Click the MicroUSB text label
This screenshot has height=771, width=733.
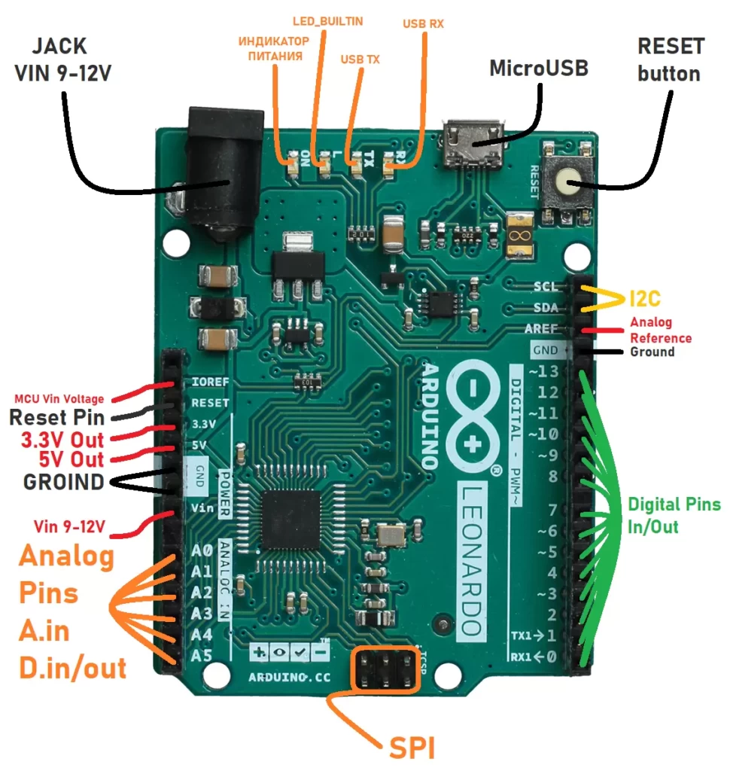538,68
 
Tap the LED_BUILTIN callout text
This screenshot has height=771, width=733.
327,21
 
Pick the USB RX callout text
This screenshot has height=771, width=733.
423,24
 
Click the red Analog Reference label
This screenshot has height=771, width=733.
661,331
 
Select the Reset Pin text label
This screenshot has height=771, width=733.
56,418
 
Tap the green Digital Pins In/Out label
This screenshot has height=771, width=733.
674,515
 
